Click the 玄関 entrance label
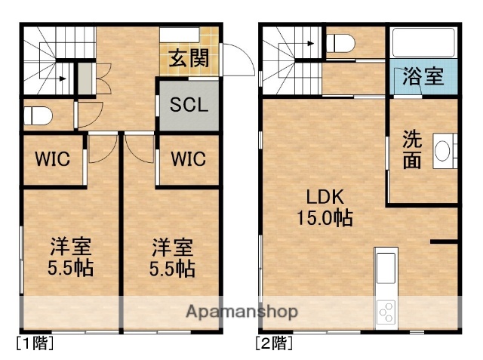coord(189,58)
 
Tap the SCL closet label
coord(189,104)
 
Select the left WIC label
coord(52,159)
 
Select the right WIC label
coord(189,159)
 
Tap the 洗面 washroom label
coord(411,150)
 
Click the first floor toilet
coord(37,116)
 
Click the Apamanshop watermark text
coord(241,311)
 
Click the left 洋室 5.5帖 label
coord(72,257)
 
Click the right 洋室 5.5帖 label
coord(172,257)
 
